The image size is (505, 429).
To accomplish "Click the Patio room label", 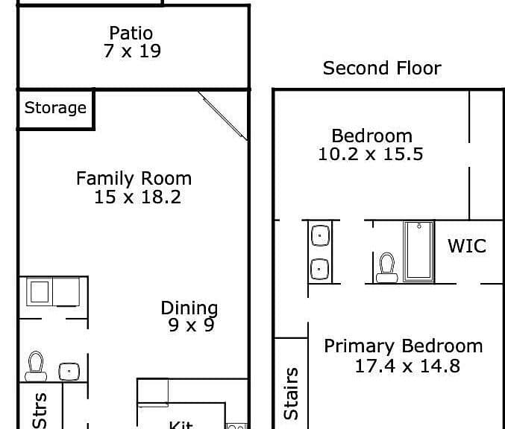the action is coord(131,33).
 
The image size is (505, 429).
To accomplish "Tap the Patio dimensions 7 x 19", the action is coord(132,51).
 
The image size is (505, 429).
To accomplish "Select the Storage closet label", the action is coord(55,108).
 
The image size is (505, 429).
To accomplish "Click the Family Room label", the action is coord(134,178).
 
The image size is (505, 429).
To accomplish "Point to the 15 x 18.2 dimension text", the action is coord(137,197).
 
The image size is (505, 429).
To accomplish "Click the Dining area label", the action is coord(189,308).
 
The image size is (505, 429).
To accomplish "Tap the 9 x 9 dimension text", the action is coord(191,325).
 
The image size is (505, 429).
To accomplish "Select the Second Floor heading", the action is coord(382,69).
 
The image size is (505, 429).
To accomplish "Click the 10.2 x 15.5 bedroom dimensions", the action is coord(371,153).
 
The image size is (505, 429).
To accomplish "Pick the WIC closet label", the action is coord(467,246).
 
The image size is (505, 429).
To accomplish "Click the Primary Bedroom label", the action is coord(404,346).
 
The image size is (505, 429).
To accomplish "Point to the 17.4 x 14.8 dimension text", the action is coord(407,366).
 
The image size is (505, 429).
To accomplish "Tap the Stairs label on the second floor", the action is coord(291,394).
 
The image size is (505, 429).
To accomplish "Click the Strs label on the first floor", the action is coord(40,410).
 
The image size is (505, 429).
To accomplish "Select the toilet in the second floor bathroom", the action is coord(387,267).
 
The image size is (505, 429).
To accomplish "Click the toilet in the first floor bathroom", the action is coord(36,366).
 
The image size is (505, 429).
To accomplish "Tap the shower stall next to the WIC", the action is coord(418,251).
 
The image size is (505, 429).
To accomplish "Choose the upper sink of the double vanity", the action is coord(321,235).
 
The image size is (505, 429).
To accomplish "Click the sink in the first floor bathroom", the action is coord(69,372).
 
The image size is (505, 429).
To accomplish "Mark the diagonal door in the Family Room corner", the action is coord(222,116).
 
